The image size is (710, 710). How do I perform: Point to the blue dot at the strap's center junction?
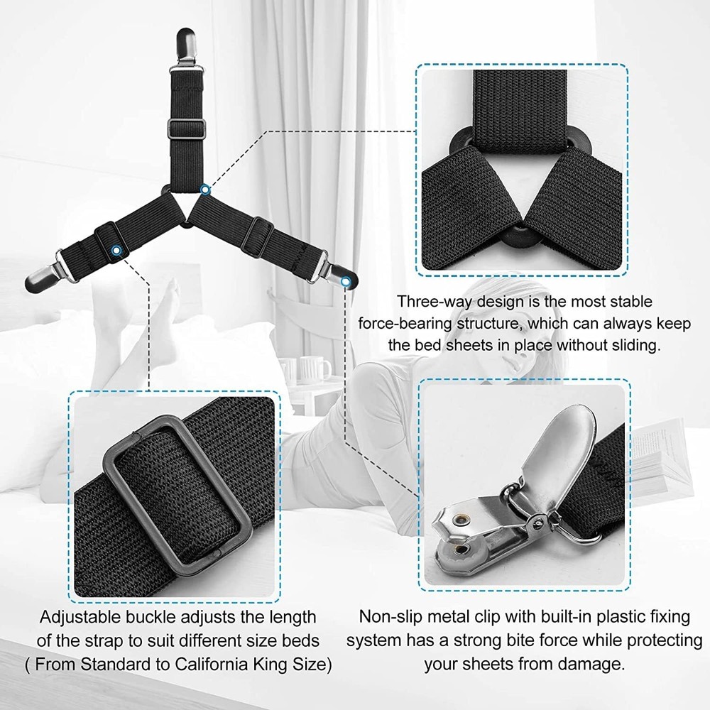(x=204, y=190)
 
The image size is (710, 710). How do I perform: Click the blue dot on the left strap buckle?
(x=116, y=249)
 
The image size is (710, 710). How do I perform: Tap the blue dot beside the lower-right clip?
(x=346, y=282)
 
